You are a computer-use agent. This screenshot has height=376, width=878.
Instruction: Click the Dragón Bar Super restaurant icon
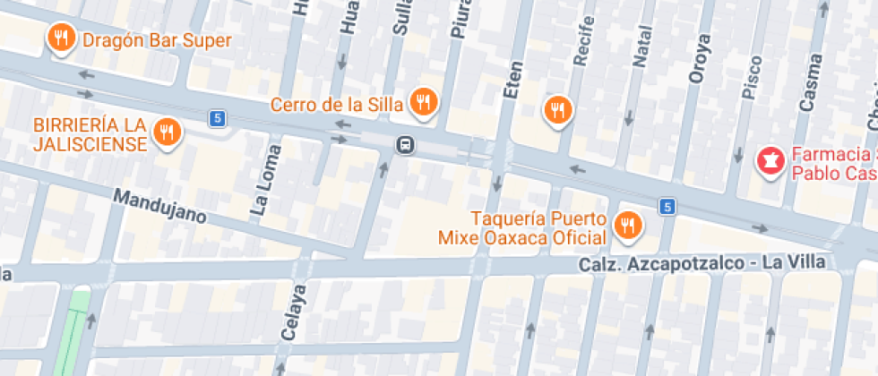click(61, 38)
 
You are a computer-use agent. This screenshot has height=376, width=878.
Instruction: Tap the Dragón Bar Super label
click(157, 40)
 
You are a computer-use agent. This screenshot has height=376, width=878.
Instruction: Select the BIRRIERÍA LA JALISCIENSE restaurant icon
click(167, 132)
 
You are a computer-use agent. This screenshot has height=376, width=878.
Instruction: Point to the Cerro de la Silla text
click(337, 104)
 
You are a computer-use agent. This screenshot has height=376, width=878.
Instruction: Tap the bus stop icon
click(406, 144)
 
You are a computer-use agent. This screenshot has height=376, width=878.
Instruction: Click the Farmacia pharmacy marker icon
click(769, 161)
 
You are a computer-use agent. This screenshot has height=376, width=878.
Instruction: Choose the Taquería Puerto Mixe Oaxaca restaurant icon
click(627, 225)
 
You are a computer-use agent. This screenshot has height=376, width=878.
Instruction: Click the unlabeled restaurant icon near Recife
click(558, 109)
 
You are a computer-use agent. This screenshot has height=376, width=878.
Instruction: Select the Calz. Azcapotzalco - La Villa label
click(702, 262)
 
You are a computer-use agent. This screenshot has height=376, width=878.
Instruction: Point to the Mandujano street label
click(160, 206)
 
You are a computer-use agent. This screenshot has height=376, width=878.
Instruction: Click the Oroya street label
click(700, 59)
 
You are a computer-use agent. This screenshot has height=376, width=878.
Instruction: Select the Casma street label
click(810, 82)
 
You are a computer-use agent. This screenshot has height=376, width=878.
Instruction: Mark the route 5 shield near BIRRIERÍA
click(216, 117)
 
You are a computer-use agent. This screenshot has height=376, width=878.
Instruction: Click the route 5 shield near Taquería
click(666, 207)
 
